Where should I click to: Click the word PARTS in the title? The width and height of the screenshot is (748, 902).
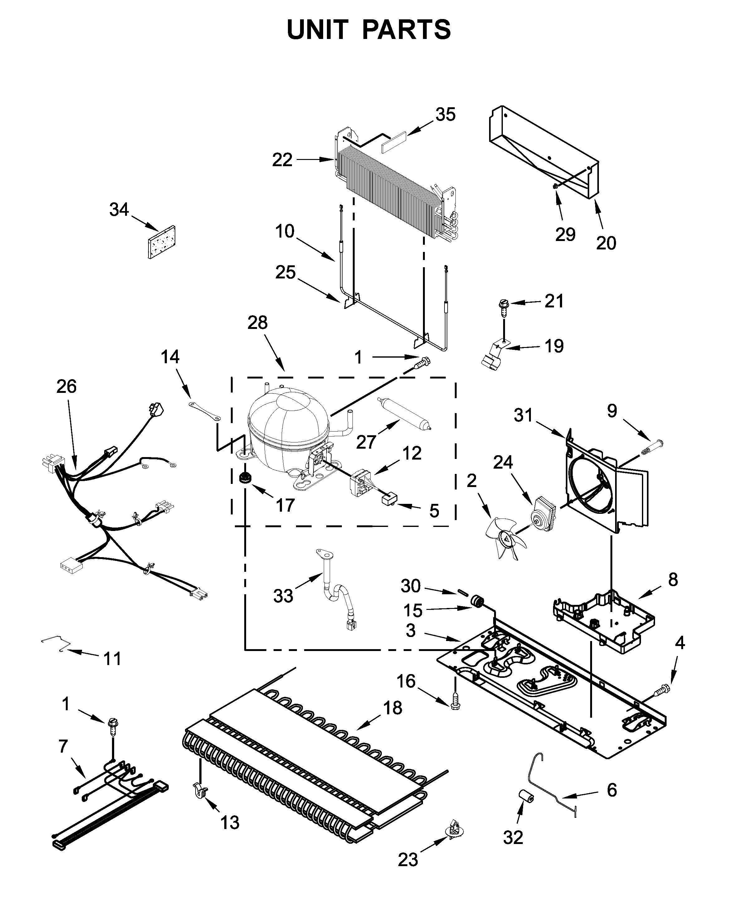[x=406, y=29]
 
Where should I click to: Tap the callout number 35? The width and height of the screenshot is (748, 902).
[x=445, y=115]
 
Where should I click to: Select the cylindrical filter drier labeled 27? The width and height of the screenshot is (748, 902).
[x=404, y=413]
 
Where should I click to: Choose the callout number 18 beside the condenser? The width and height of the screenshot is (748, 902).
[x=392, y=708]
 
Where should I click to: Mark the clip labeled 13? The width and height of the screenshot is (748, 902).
[x=199, y=790]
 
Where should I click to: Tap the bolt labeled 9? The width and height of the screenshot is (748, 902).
[x=653, y=450]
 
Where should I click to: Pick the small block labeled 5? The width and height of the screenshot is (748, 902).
[x=389, y=500]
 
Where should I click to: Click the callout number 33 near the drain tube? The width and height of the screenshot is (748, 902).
[x=283, y=596]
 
